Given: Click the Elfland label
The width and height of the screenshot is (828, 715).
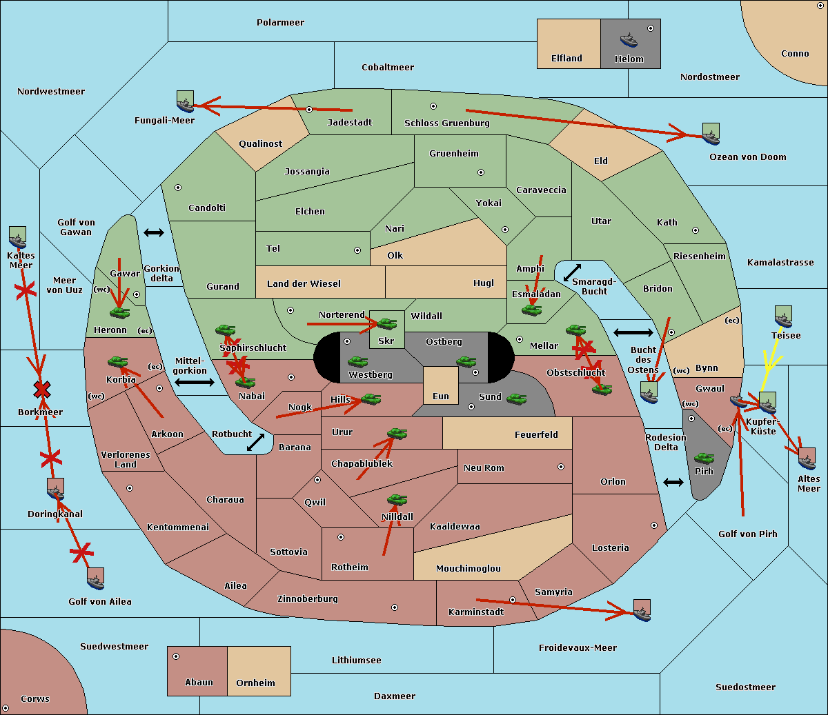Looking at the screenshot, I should click(x=566, y=59).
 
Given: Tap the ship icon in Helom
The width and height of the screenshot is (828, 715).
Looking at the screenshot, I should click(x=629, y=39).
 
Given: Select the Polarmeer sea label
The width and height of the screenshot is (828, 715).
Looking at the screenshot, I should click(x=280, y=23).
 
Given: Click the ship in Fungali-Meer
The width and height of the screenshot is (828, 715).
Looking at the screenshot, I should click(x=185, y=102).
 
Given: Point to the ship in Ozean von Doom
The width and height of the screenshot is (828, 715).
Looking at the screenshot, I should click(x=711, y=134).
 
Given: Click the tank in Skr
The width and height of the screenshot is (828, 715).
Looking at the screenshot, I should click(x=386, y=322).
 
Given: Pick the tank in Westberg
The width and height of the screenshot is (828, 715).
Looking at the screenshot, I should click(x=357, y=361).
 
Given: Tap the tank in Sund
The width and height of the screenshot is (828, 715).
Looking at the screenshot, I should click(x=517, y=399).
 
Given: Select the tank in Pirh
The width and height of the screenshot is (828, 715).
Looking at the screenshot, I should click(x=704, y=458).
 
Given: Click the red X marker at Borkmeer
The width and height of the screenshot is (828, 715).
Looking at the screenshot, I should click(x=42, y=390).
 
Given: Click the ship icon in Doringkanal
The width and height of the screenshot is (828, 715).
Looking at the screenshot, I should click(x=55, y=490).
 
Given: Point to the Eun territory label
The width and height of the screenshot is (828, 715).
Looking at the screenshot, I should click(x=441, y=396).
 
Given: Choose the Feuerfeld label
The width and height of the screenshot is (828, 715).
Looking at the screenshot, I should click(x=536, y=435).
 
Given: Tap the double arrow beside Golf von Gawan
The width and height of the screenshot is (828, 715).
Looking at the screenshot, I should click(x=154, y=233).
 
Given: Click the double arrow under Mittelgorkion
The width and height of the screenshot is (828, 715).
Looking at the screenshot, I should click(x=195, y=382).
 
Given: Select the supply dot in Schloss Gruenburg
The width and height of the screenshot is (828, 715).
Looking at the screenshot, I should click(x=433, y=106).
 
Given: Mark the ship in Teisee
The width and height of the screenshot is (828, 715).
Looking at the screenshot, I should click(x=783, y=317).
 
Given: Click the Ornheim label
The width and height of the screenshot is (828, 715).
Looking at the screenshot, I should click(x=255, y=683).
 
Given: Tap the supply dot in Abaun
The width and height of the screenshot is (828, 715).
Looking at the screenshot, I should click(x=176, y=656).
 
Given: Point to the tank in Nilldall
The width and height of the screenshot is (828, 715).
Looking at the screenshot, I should click(x=397, y=500).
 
